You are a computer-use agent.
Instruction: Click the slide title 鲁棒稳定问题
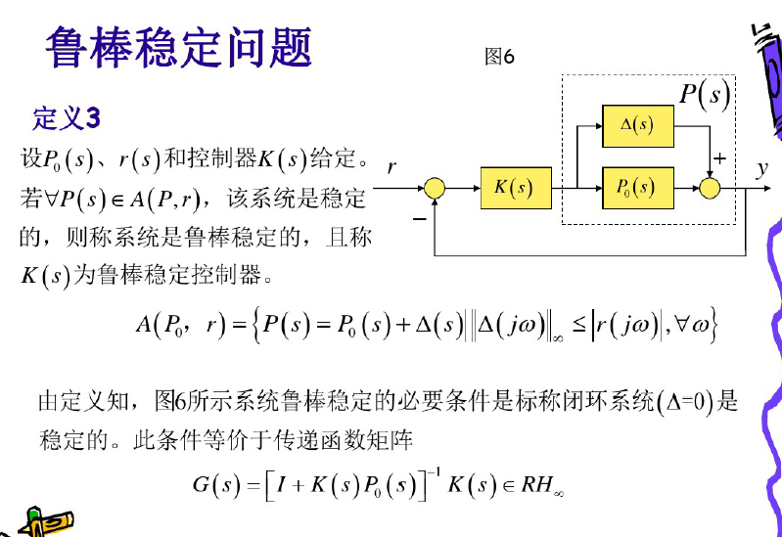click(178, 47)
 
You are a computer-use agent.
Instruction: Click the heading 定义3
click(67, 119)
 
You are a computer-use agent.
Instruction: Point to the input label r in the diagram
click(391, 168)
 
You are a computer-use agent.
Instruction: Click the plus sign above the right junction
click(720, 157)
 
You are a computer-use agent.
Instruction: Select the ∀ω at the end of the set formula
click(699, 325)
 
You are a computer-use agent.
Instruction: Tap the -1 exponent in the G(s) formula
click(431, 472)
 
